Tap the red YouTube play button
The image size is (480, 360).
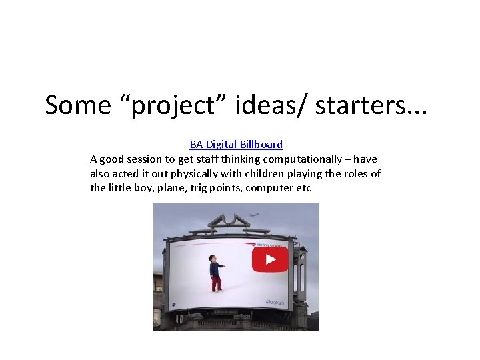(270, 259)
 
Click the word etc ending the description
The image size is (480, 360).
(303, 188)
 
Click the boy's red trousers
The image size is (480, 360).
(215, 283)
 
